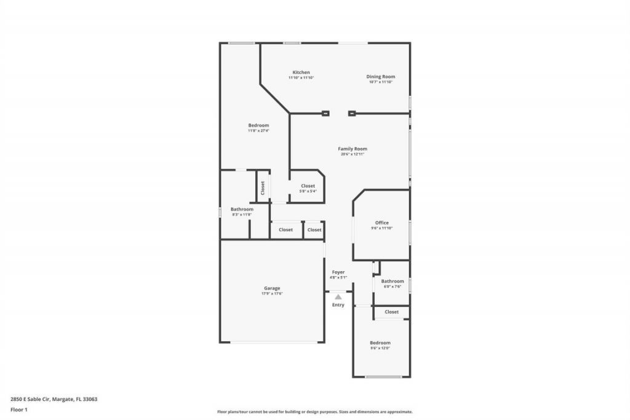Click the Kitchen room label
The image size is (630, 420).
[x=301, y=73]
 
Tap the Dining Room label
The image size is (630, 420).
[x=381, y=77]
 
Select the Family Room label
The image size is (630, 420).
[x=353, y=149]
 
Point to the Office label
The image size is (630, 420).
[x=381, y=223]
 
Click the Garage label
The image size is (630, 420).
[x=272, y=288]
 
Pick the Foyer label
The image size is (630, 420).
[x=338, y=272]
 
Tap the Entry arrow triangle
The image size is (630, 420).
[x=338, y=297]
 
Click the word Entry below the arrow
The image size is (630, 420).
[x=338, y=305]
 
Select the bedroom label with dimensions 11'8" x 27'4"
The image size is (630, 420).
[x=258, y=125]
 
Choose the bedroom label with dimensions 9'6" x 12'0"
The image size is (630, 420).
[x=380, y=343]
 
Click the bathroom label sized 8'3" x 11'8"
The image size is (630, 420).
[x=242, y=209]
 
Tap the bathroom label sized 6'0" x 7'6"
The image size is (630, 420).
[x=392, y=281]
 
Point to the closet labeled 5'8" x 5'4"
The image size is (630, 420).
[x=308, y=186]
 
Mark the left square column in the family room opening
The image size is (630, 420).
[x=325, y=113]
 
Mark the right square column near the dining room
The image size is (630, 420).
[x=352, y=113]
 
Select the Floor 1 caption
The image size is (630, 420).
[x=19, y=409]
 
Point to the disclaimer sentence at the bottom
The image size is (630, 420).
[x=314, y=412]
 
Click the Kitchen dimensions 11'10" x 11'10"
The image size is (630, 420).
[x=301, y=78]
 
